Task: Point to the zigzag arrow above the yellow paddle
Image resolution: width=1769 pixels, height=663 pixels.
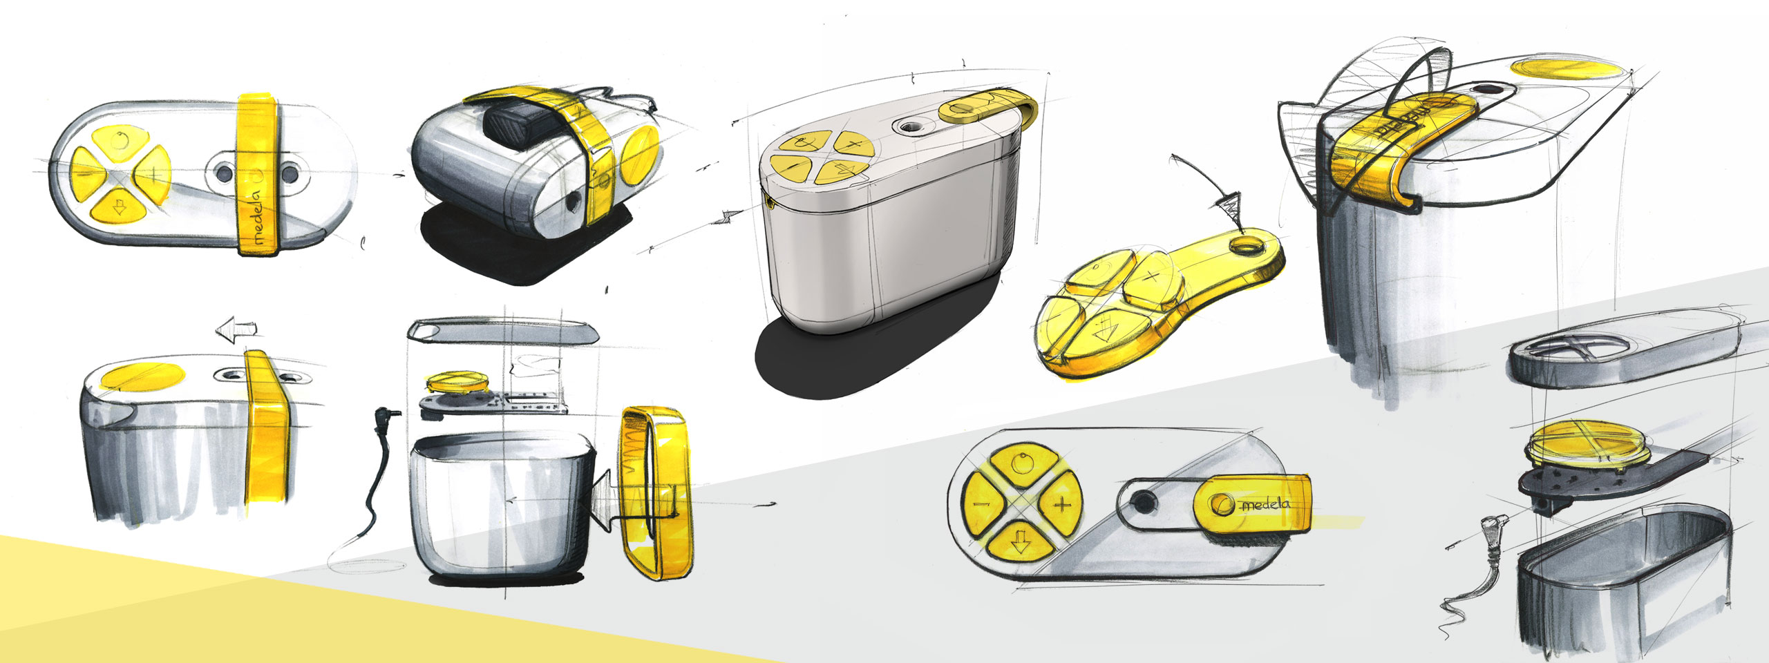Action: coord(1227,205)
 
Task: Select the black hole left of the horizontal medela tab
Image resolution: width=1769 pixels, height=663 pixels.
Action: coord(1144,501)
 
